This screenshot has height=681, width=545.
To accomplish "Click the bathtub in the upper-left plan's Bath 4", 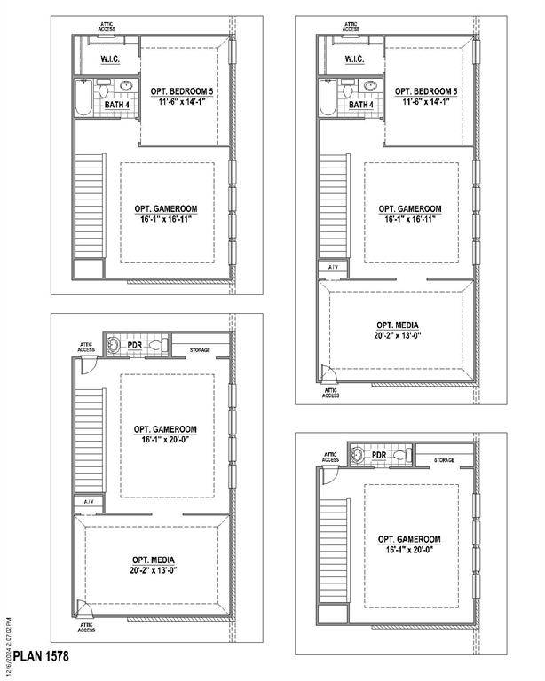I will pos(83,98).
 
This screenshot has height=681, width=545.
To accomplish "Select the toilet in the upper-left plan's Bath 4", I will pos(105,88).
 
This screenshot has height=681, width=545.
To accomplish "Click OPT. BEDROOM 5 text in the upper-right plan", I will pos(426,91).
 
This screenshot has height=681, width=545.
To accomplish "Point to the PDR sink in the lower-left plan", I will pos(113,345).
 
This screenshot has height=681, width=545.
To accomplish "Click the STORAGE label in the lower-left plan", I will pos(200,350).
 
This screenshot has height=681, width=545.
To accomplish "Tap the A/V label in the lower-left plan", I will pos(89,502).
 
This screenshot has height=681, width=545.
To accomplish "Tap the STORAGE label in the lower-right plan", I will pos(444,460).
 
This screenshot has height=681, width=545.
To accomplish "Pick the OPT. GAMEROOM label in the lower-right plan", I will pos(409,539).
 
